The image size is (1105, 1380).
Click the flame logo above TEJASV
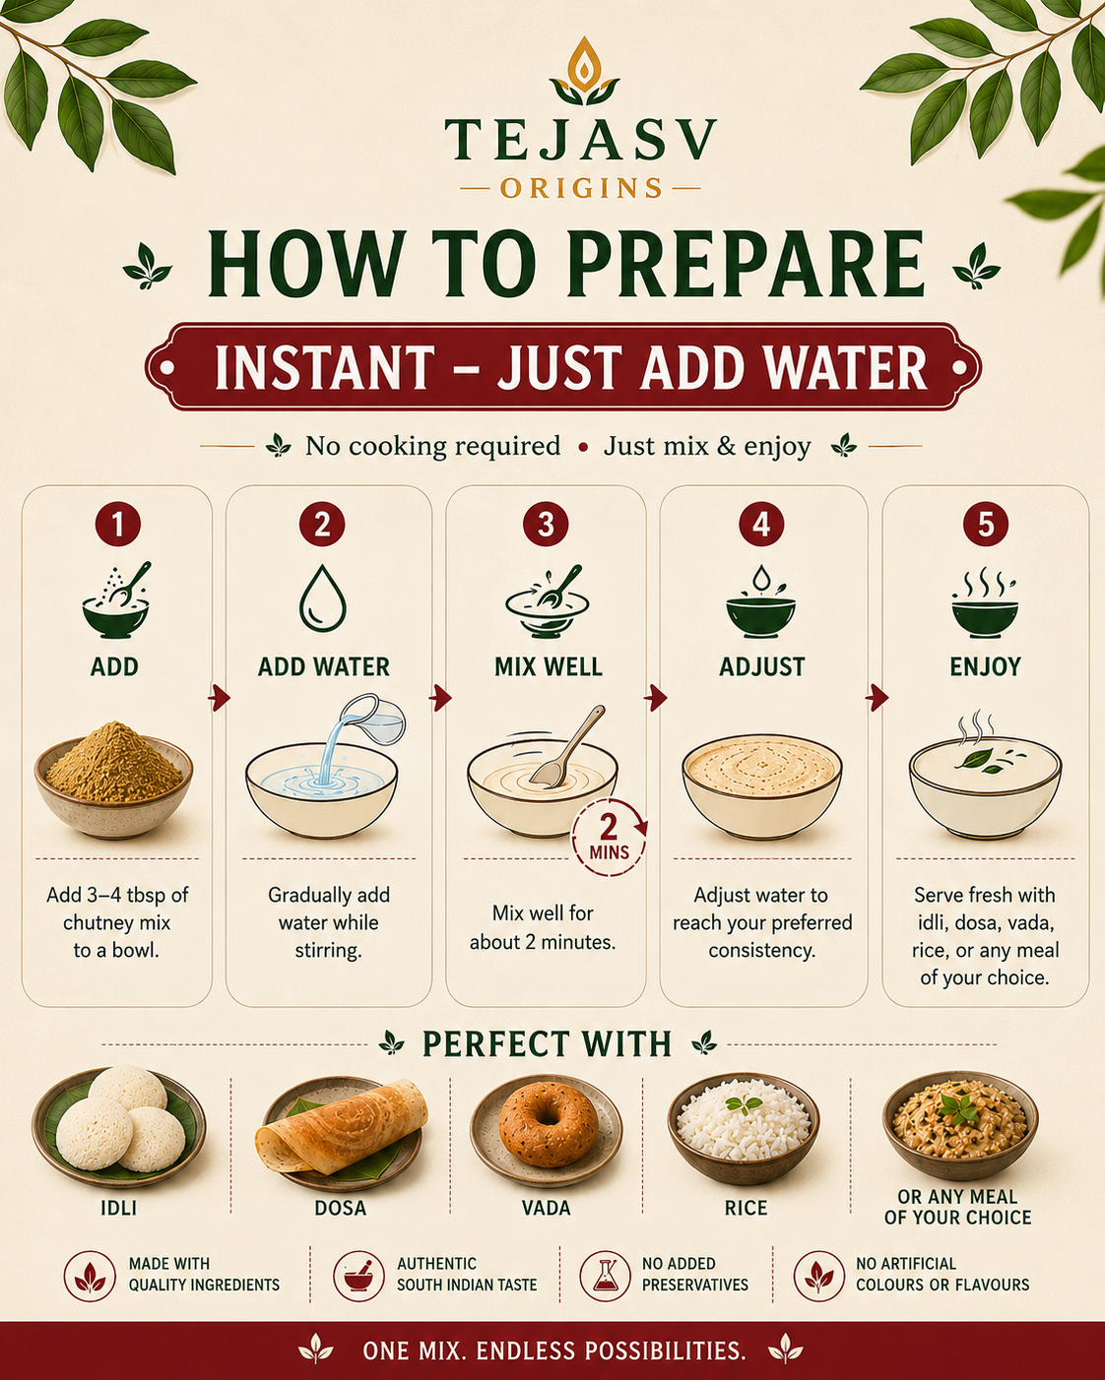click(x=584, y=71)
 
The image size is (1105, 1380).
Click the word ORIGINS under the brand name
click(x=581, y=189)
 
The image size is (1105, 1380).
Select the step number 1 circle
click(x=118, y=524)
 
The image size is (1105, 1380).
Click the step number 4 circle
click(x=761, y=524)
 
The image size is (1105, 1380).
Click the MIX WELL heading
click(x=548, y=667)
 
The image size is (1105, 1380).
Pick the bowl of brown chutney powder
click(x=113, y=779)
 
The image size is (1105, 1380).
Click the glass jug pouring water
click(x=372, y=719)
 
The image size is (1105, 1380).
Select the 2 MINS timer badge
click(x=609, y=837)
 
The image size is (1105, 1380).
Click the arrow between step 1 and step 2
click(x=220, y=697)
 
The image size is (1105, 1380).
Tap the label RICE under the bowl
click(x=746, y=1208)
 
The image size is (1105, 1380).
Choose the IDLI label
click(x=119, y=1208)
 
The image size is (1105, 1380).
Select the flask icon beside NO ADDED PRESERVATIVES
click(x=605, y=1276)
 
